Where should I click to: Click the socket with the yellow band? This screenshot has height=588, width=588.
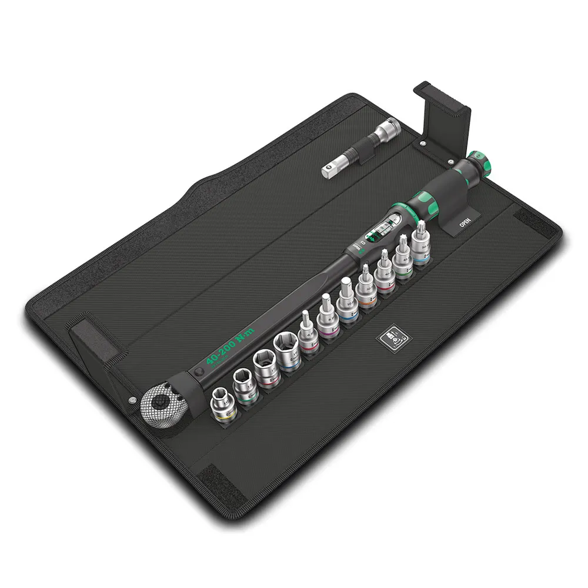223,406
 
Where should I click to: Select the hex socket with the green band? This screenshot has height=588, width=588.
243,386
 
